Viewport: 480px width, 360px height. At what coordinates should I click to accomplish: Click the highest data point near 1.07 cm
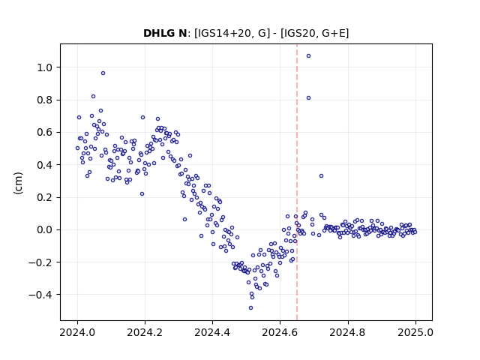308,55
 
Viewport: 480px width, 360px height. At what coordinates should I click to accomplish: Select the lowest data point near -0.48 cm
250,308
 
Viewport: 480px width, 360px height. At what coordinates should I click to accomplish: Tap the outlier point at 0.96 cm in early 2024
103,73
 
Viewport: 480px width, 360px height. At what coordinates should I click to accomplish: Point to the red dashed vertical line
297,182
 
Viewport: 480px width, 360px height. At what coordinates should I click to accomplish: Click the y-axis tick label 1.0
46,67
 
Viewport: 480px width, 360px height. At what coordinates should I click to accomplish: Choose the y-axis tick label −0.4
41,295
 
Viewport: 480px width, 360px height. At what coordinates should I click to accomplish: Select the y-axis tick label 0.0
46,230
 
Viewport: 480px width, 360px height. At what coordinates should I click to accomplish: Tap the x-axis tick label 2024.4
212,332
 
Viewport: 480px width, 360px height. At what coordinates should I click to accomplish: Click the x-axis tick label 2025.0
415,332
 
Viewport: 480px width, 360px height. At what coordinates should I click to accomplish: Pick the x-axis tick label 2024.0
77,332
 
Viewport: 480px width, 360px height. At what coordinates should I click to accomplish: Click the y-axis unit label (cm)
18,183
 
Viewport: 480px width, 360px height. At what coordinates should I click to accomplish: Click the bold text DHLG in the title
155,33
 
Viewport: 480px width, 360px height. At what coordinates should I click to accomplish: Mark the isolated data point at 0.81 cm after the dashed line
308,98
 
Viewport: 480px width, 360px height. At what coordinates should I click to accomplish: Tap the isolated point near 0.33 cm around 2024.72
321,175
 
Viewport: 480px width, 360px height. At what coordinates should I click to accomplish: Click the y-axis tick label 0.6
46,133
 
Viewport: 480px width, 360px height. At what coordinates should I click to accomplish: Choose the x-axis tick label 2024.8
347,332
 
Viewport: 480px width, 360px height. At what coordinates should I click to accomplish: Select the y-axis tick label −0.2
41,262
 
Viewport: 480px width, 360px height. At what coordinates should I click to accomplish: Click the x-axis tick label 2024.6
280,332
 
